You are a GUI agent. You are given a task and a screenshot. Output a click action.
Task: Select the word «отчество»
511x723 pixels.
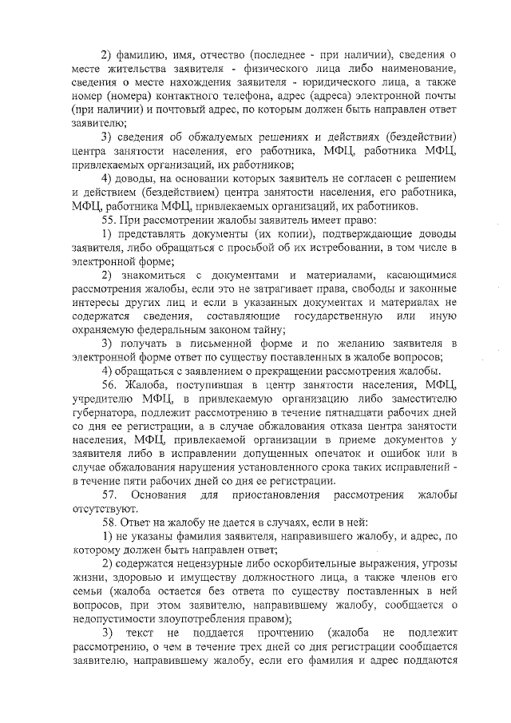[218, 55]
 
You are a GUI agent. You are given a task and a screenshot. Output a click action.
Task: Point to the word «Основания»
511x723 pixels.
[162, 495]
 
